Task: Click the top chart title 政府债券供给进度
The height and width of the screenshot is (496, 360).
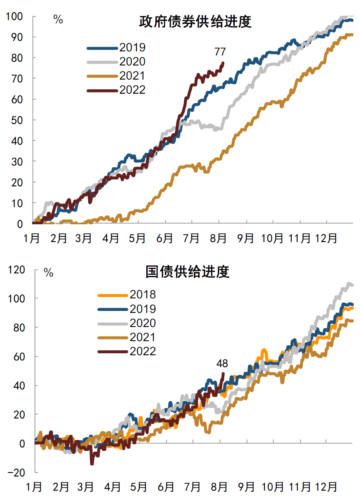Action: click(195, 22)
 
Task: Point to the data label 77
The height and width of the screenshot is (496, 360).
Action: click(220, 51)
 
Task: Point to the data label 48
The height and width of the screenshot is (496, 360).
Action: click(222, 363)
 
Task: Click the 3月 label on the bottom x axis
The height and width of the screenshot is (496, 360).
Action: click(86, 487)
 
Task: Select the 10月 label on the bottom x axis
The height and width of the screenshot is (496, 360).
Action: click(273, 487)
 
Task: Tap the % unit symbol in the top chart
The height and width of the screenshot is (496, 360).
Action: click(58, 20)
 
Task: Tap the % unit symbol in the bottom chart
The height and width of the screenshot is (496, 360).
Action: click(48, 273)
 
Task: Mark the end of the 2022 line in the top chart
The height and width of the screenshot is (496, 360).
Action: click(223, 63)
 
